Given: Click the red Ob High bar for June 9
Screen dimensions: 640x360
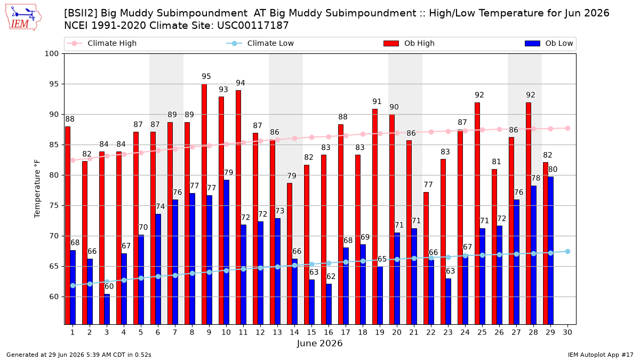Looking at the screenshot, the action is [x=204, y=204].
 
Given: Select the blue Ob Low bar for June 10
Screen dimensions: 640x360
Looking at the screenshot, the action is [x=226, y=252].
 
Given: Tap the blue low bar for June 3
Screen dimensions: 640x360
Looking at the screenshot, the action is [x=107, y=309].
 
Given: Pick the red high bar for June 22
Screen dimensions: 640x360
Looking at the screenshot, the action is [x=426, y=258].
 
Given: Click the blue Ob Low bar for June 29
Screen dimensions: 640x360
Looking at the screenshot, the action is [x=550, y=251].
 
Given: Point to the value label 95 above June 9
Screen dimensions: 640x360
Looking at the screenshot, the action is [x=206, y=76].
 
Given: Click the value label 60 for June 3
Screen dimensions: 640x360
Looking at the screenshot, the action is [x=109, y=286].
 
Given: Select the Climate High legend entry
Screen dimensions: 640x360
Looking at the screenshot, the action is [x=102, y=43].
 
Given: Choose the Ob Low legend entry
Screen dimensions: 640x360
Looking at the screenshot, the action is [x=549, y=43].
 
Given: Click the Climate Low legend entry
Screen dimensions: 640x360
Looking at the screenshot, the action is [x=260, y=43].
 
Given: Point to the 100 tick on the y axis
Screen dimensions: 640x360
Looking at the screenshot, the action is [x=51, y=54].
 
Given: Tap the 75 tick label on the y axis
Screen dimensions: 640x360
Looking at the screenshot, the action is [x=54, y=206].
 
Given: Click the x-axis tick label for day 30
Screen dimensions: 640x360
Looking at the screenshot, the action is [x=567, y=332].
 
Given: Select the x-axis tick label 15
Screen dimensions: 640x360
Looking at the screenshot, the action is [x=311, y=332].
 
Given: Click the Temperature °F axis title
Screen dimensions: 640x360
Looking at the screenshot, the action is [x=37, y=189].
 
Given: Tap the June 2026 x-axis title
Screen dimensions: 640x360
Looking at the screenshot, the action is [x=319, y=343].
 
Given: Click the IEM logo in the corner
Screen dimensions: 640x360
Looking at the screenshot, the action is [x=23, y=17].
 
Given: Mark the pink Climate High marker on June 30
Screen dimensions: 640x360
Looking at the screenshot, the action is [x=567, y=129].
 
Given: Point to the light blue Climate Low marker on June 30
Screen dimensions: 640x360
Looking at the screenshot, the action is [x=567, y=251].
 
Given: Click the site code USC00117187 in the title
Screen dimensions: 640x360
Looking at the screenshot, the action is [x=253, y=26].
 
